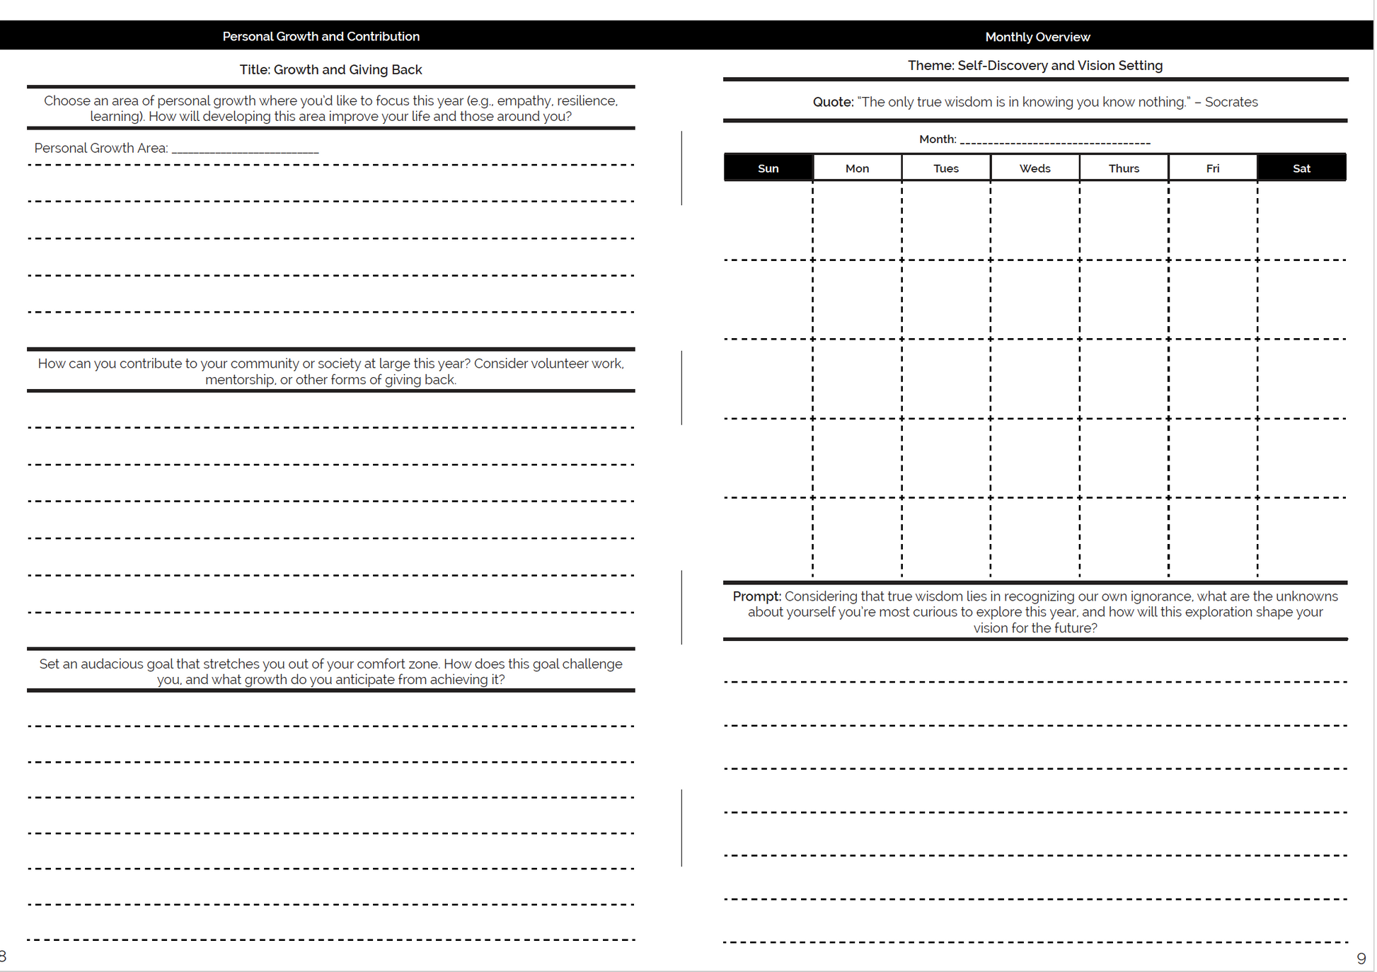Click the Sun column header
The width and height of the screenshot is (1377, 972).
coord(768,168)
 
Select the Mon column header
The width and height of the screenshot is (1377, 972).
coord(857,168)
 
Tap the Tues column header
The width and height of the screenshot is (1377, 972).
coord(946,168)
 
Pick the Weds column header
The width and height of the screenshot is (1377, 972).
coord(1035,168)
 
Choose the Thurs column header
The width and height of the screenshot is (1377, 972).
coord(1124,168)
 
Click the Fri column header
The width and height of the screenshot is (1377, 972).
coord(1213,168)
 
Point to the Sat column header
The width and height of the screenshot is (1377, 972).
coord(1301,168)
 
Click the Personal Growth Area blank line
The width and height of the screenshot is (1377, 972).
coord(245,151)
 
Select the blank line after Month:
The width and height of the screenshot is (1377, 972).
coord(1054,142)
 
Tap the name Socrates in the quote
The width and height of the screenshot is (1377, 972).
coord(1231,102)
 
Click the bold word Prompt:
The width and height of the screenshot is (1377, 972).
coord(756,596)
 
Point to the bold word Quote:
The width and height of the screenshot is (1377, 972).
coord(833,102)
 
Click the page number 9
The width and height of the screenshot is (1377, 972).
coord(1361,959)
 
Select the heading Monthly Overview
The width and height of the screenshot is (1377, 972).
coord(1037,37)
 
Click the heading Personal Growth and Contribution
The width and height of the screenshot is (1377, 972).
coord(321,36)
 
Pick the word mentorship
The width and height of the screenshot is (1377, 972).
coord(240,380)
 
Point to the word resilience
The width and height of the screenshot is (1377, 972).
coord(587,100)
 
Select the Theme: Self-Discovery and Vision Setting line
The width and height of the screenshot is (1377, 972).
coord(1035,65)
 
